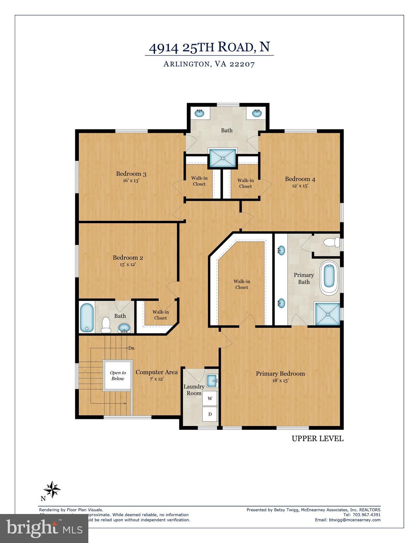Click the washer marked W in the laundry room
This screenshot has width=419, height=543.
click(210, 398)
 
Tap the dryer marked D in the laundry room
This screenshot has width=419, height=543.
click(210, 414)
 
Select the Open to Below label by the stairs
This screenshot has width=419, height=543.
click(118, 375)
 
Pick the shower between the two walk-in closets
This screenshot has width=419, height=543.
click(223, 158)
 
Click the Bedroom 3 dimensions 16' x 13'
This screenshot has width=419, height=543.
click(131, 180)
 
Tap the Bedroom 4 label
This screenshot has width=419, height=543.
click(300, 179)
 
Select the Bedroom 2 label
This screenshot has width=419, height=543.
click(128, 258)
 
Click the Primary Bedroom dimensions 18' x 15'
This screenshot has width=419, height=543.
click(280, 381)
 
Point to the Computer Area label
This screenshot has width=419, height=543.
click(157, 372)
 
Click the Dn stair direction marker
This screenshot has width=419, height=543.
click(131, 348)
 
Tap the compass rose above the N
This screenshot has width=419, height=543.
click(52, 490)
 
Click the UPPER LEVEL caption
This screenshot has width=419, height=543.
click(317, 438)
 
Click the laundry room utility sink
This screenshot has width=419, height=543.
click(212, 380)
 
